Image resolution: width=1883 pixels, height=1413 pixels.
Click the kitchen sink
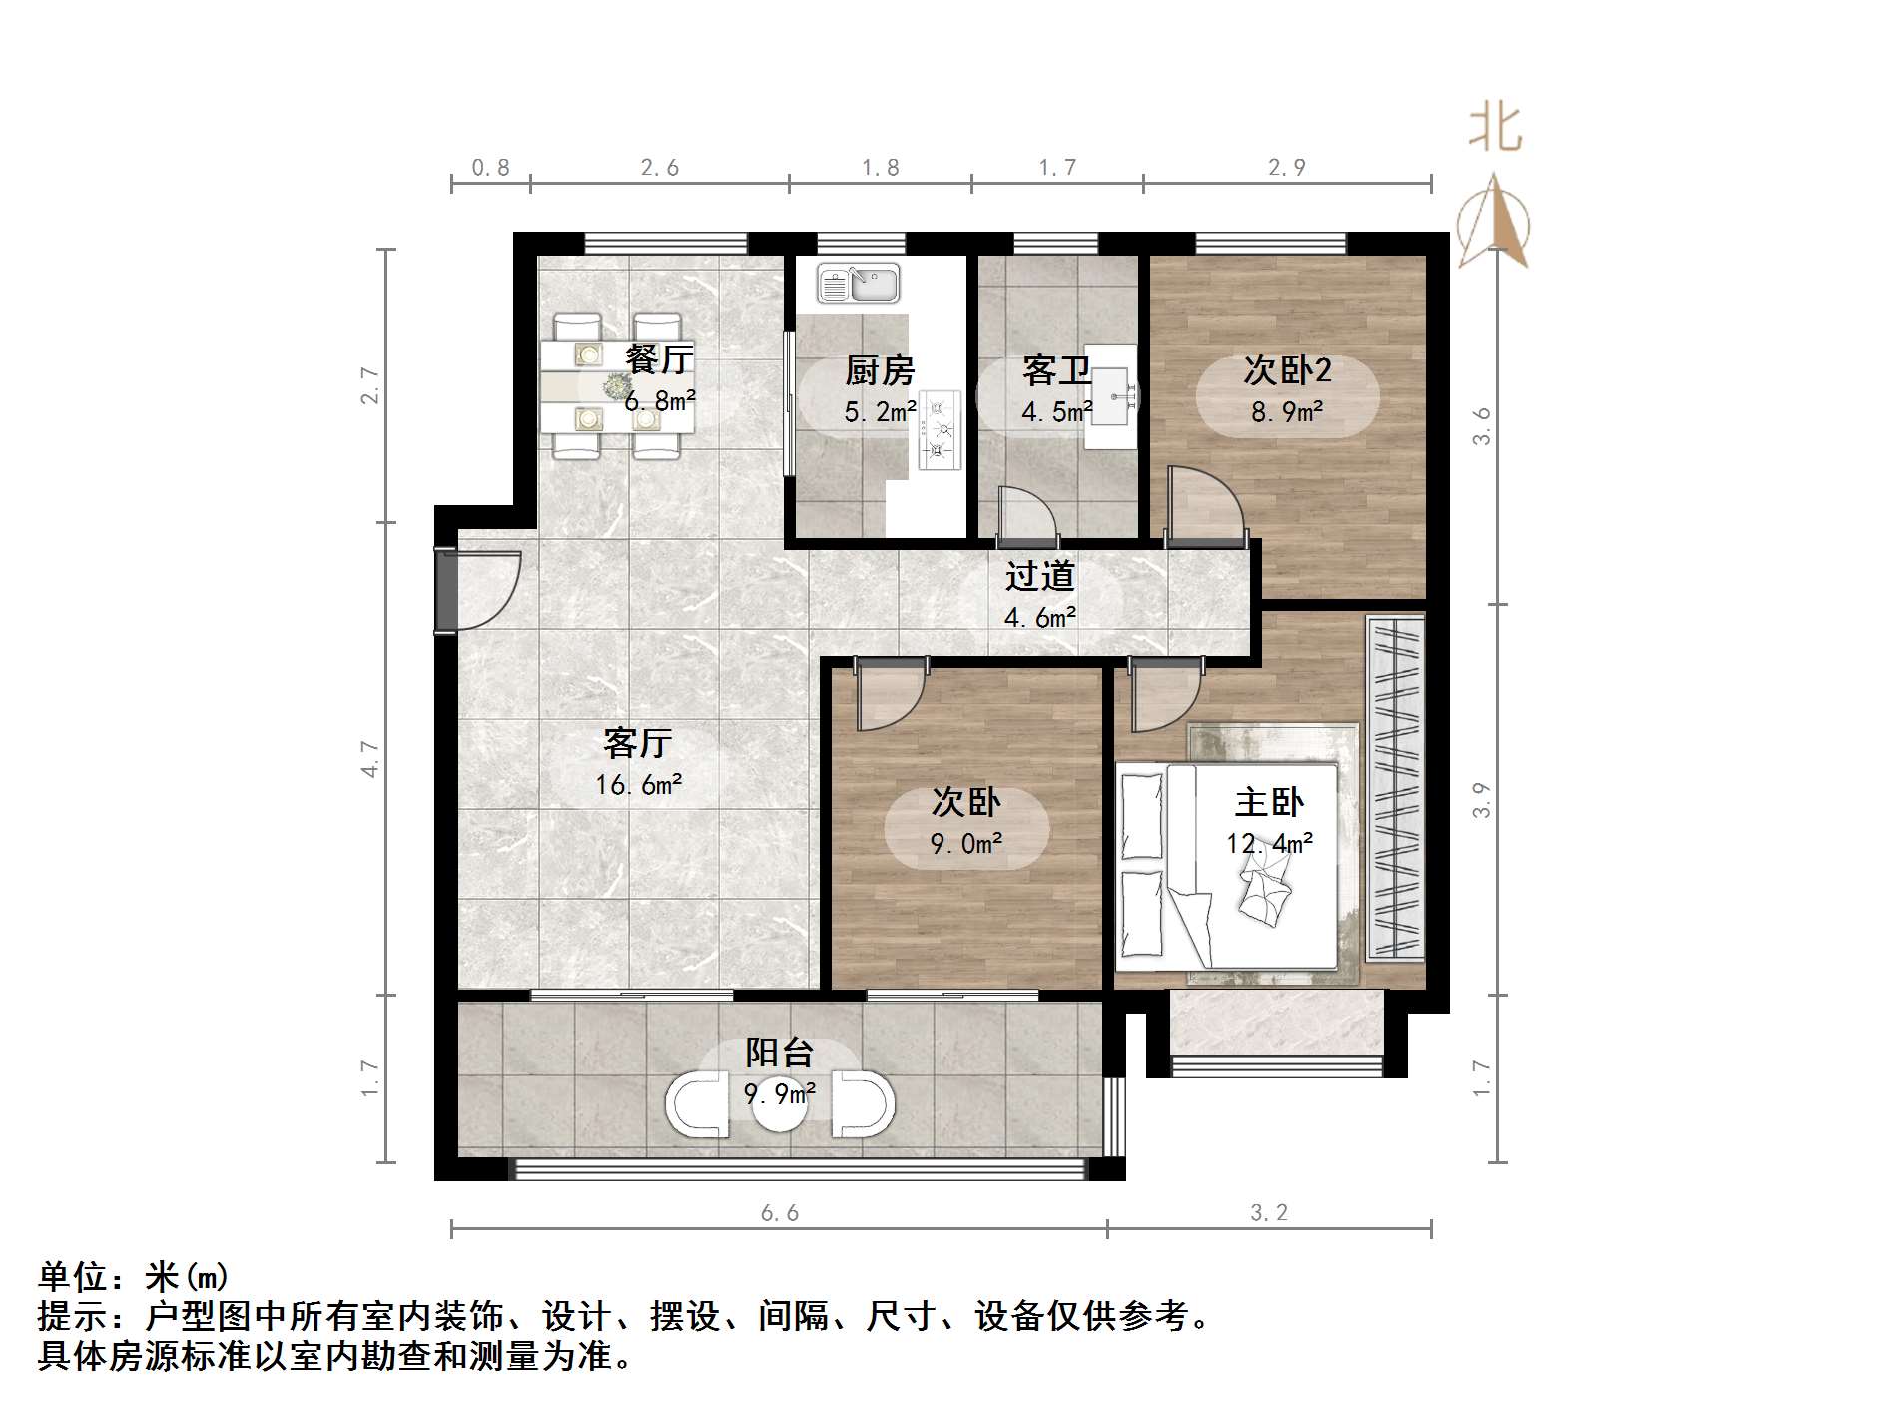click(859, 283)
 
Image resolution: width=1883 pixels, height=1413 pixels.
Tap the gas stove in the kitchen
click(940, 430)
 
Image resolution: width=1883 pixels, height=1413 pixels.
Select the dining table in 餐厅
click(617, 386)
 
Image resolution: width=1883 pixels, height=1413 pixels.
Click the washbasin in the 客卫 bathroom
click(1111, 396)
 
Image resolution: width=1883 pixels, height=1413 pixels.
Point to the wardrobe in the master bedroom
click(1395, 789)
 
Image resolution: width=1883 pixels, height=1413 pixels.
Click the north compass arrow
click(1493, 220)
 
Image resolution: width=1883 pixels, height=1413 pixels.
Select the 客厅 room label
click(638, 743)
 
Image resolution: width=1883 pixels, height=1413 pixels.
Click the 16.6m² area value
click(639, 785)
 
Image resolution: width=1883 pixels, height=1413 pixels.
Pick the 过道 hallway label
click(1039, 576)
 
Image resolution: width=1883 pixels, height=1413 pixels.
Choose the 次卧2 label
click(1287, 370)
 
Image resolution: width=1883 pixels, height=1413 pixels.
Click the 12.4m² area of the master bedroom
click(1269, 844)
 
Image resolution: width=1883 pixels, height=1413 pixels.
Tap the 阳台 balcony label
click(780, 1053)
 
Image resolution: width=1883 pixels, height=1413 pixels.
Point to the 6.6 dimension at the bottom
click(780, 1213)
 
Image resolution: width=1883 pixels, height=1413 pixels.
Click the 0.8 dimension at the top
click(490, 168)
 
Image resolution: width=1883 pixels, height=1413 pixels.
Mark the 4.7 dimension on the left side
click(370, 759)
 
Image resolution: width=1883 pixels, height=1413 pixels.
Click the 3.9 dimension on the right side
click(1482, 800)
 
